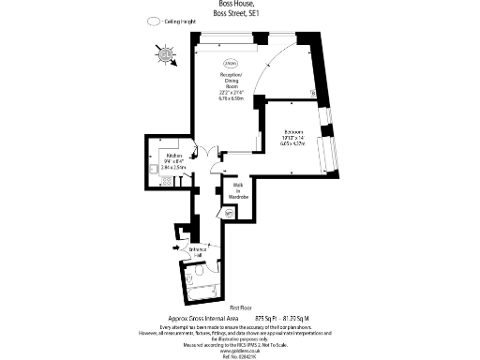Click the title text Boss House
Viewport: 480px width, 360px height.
click(x=232, y=5)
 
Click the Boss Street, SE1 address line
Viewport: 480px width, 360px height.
click(x=232, y=14)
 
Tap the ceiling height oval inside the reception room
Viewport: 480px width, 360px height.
click(x=230, y=62)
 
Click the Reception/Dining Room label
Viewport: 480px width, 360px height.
click(x=231, y=80)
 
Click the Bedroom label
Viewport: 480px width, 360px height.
click(x=293, y=131)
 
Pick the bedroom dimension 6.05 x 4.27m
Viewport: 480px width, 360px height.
click(x=293, y=143)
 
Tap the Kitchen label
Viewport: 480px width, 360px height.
click(x=173, y=155)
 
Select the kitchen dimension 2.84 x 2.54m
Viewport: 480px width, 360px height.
click(x=173, y=168)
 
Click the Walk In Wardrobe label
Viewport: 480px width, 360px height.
click(x=237, y=191)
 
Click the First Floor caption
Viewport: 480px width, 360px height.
click(x=243, y=307)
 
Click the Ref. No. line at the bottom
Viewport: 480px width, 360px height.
click(x=243, y=355)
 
